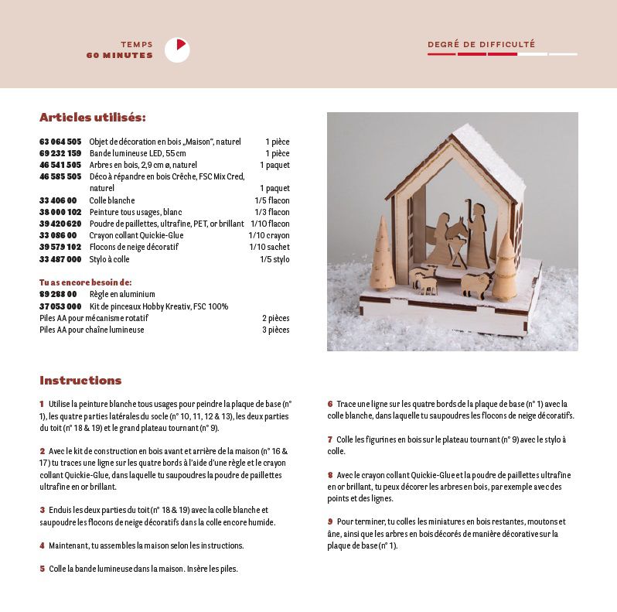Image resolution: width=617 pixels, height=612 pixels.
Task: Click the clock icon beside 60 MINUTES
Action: (x=177, y=50)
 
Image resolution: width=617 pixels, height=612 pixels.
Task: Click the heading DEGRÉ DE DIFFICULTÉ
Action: (x=481, y=45)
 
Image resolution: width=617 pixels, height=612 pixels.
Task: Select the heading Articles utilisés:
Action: (x=92, y=118)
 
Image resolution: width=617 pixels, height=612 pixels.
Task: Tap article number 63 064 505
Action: (x=60, y=142)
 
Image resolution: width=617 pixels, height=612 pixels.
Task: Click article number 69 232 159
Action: (x=60, y=154)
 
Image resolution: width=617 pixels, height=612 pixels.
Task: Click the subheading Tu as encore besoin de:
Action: (x=85, y=282)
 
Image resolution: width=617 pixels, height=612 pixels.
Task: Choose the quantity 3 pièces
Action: (x=275, y=330)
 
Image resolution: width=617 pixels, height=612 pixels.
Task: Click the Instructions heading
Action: (x=80, y=381)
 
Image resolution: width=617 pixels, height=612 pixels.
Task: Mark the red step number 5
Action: (x=42, y=569)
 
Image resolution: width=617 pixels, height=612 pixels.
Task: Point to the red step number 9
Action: (x=329, y=522)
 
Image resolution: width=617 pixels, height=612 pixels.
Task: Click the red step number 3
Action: (x=42, y=510)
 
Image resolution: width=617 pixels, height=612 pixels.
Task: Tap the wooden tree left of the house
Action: (x=381, y=256)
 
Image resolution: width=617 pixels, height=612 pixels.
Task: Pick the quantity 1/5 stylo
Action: (x=274, y=259)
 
